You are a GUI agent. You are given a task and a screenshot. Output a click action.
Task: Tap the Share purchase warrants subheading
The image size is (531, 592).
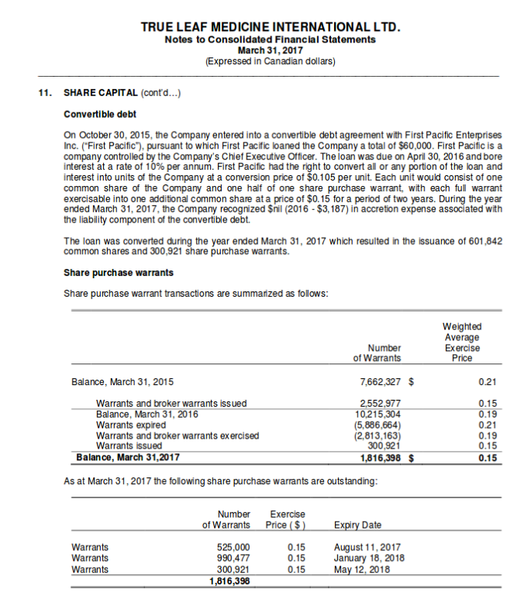pyautogui.click(x=118, y=272)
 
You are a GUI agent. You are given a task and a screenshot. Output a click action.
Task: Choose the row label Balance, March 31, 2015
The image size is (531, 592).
pyautogui.click(x=122, y=381)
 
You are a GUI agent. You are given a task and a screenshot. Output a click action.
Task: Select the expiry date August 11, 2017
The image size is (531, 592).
pyautogui.click(x=367, y=547)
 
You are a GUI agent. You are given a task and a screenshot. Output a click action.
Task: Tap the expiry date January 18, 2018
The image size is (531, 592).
pyautogui.click(x=368, y=558)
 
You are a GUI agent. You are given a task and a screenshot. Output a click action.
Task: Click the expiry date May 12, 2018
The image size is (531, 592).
pyautogui.click(x=361, y=569)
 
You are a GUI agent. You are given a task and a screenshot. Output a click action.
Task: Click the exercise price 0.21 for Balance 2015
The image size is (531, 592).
pyautogui.click(x=488, y=381)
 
